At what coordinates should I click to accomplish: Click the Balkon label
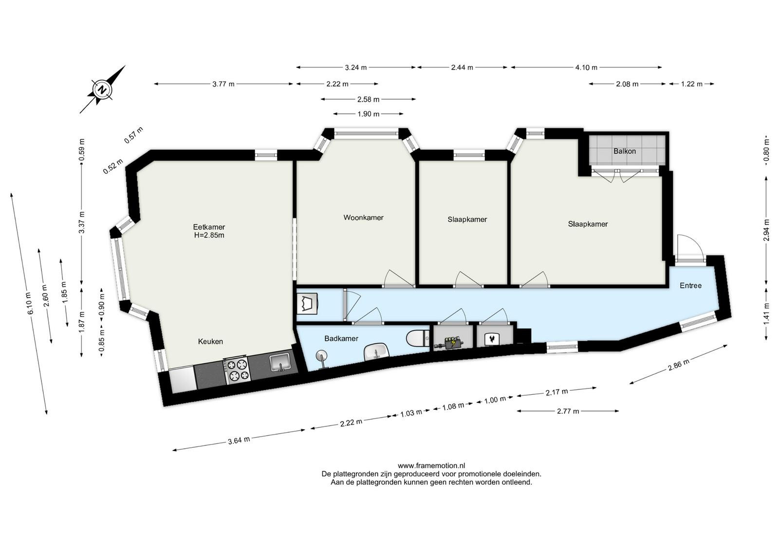[x=625, y=151]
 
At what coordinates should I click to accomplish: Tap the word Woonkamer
[x=363, y=218]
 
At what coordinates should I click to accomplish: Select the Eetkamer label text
[x=209, y=227]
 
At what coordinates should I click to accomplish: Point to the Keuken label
[x=210, y=341]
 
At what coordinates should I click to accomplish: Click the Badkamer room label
[x=341, y=339]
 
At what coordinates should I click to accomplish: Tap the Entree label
[x=691, y=285]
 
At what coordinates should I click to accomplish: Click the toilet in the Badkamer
[x=418, y=337]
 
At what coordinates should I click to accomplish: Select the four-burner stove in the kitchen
[x=237, y=370]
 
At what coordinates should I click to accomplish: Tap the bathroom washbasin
[x=376, y=352]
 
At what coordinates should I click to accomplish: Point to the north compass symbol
[x=102, y=90]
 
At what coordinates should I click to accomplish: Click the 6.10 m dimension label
[x=30, y=303]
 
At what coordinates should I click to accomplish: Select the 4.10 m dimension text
[x=586, y=68]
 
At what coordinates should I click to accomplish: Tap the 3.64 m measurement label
[x=239, y=441]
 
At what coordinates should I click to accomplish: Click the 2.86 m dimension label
[x=679, y=365]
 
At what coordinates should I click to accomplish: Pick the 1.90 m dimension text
[x=368, y=114]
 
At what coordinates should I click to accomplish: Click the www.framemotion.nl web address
[x=431, y=465]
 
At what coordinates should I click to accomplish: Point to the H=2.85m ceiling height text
[x=209, y=236]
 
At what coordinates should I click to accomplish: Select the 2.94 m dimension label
[x=766, y=230]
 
